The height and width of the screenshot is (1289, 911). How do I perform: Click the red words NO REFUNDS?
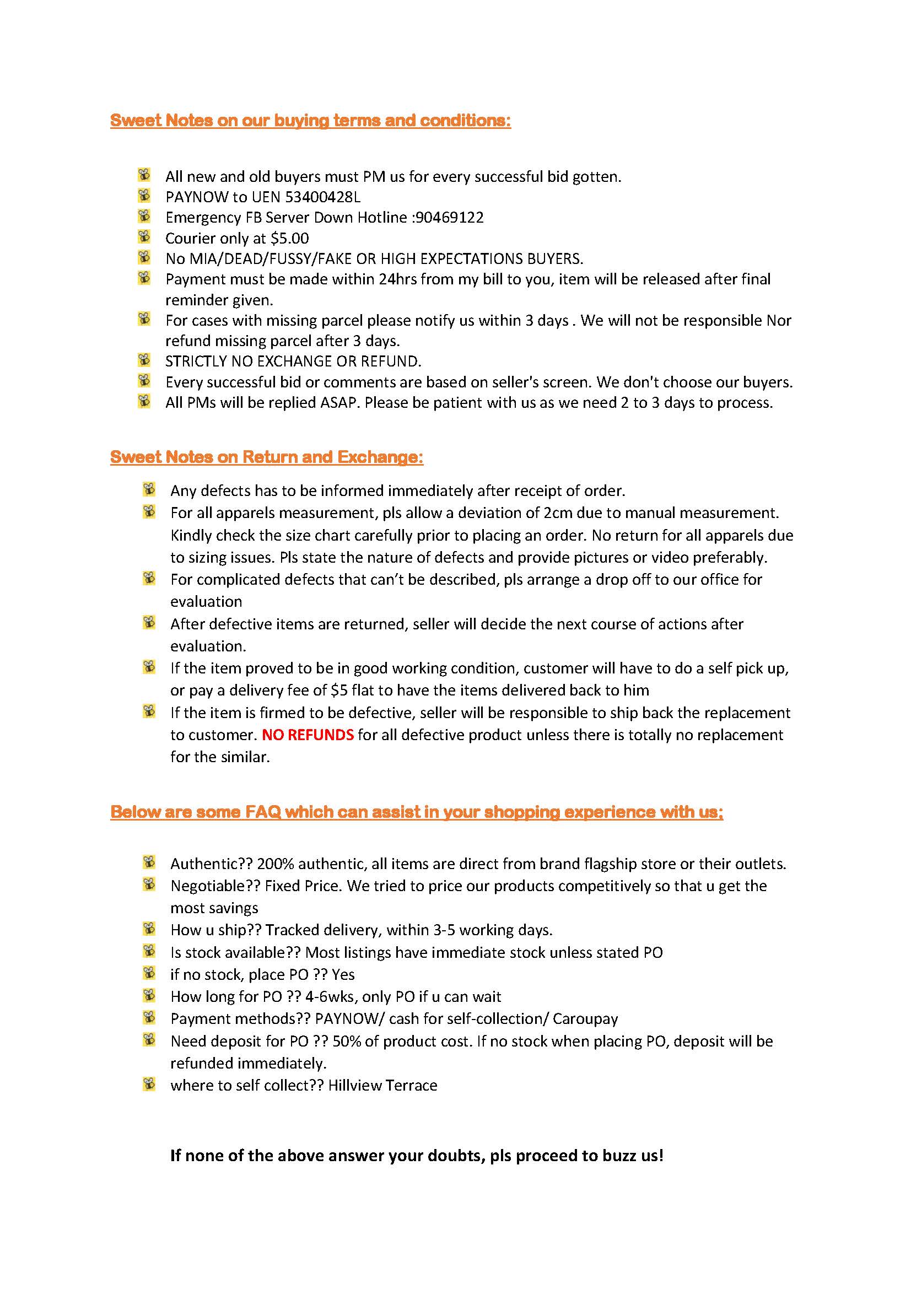click(x=308, y=735)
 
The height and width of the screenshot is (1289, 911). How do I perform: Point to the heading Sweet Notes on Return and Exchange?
click(x=267, y=457)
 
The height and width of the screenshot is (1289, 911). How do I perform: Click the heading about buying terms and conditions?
click(x=310, y=120)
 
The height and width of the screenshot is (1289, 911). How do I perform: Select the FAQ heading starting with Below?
click(x=417, y=812)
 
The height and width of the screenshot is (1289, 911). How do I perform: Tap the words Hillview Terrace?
click(x=382, y=1085)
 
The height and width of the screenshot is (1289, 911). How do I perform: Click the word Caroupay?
click(x=585, y=1019)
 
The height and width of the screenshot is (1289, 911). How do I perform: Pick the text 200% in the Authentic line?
click(x=272, y=864)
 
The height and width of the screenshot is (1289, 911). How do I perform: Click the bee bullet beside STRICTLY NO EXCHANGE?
click(x=144, y=359)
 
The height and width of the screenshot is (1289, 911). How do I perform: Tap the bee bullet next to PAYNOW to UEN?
click(x=144, y=196)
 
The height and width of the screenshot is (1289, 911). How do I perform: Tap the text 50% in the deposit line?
click(x=347, y=1042)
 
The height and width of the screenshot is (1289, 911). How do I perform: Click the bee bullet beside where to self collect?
click(x=149, y=1083)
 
